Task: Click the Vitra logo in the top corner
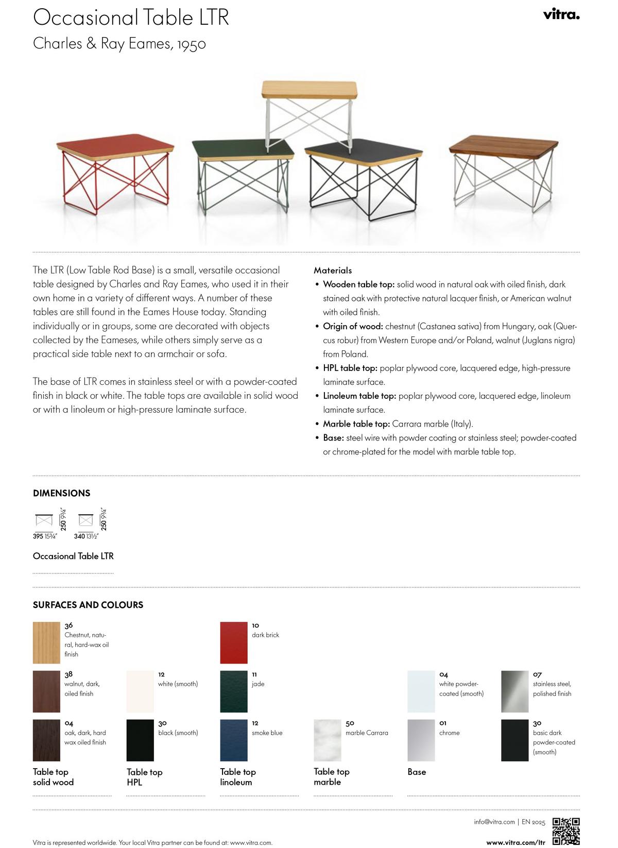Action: click(x=561, y=14)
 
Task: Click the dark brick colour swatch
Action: click(x=233, y=642)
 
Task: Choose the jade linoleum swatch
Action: click(x=233, y=691)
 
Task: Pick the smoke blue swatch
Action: click(x=233, y=740)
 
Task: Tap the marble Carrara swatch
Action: click(x=328, y=740)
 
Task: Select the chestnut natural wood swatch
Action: click(x=46, y=642)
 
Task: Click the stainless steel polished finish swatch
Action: click(x=514, y=691)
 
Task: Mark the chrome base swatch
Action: click(x=421, y=740)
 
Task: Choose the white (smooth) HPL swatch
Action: click(x=140, y=691)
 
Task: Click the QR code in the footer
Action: click(x=566, y=831)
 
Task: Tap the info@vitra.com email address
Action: click(x=494, y=822)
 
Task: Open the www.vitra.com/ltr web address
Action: click(x=516, y=842)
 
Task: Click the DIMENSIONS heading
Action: click(x=61, y=493)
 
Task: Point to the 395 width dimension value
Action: click(x=38, y=536)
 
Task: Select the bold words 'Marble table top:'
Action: click(x=356, y=424)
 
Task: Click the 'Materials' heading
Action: click(x=333, y=270)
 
